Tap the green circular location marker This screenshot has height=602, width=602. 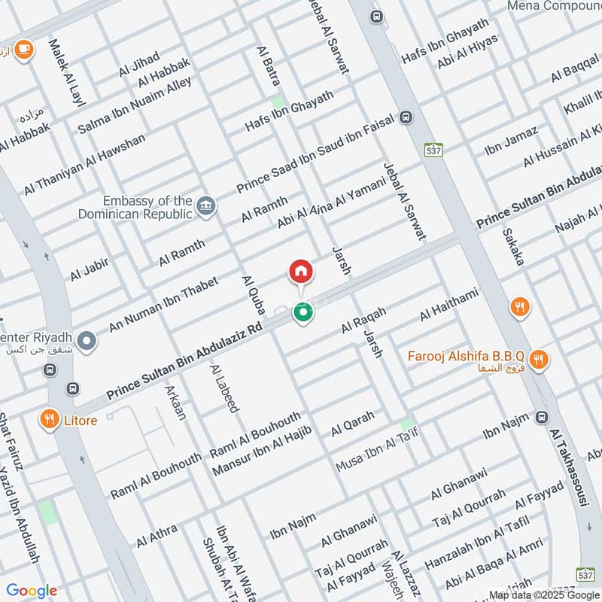[303, 312]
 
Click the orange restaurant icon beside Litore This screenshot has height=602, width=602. [50, 419]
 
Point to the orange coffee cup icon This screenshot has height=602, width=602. [23, 49]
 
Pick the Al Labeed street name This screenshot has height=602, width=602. [225, 388]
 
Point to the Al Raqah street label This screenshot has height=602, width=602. [363, 321]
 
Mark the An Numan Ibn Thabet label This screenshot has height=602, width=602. [163, 304]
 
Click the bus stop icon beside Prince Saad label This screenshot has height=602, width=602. [406, 117]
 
